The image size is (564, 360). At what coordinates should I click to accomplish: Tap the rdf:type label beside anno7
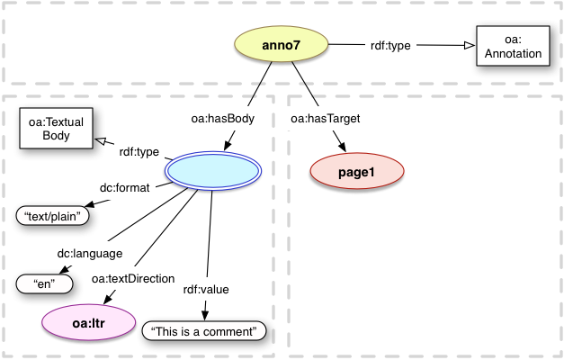pos(392,45)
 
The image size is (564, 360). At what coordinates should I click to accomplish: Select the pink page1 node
pos(355,172)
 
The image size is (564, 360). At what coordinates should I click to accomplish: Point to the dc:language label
pos(90,254)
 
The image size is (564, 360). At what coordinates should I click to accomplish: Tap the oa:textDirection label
pos(133,279)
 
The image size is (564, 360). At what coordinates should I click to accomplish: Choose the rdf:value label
pos(206,289)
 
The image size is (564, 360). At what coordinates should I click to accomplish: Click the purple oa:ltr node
pos(89,322)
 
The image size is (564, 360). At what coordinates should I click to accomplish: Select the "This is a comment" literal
pos(205,332)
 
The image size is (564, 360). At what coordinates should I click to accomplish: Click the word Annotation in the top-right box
pos(510,54)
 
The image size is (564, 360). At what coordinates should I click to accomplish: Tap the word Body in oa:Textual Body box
pos(56,136)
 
